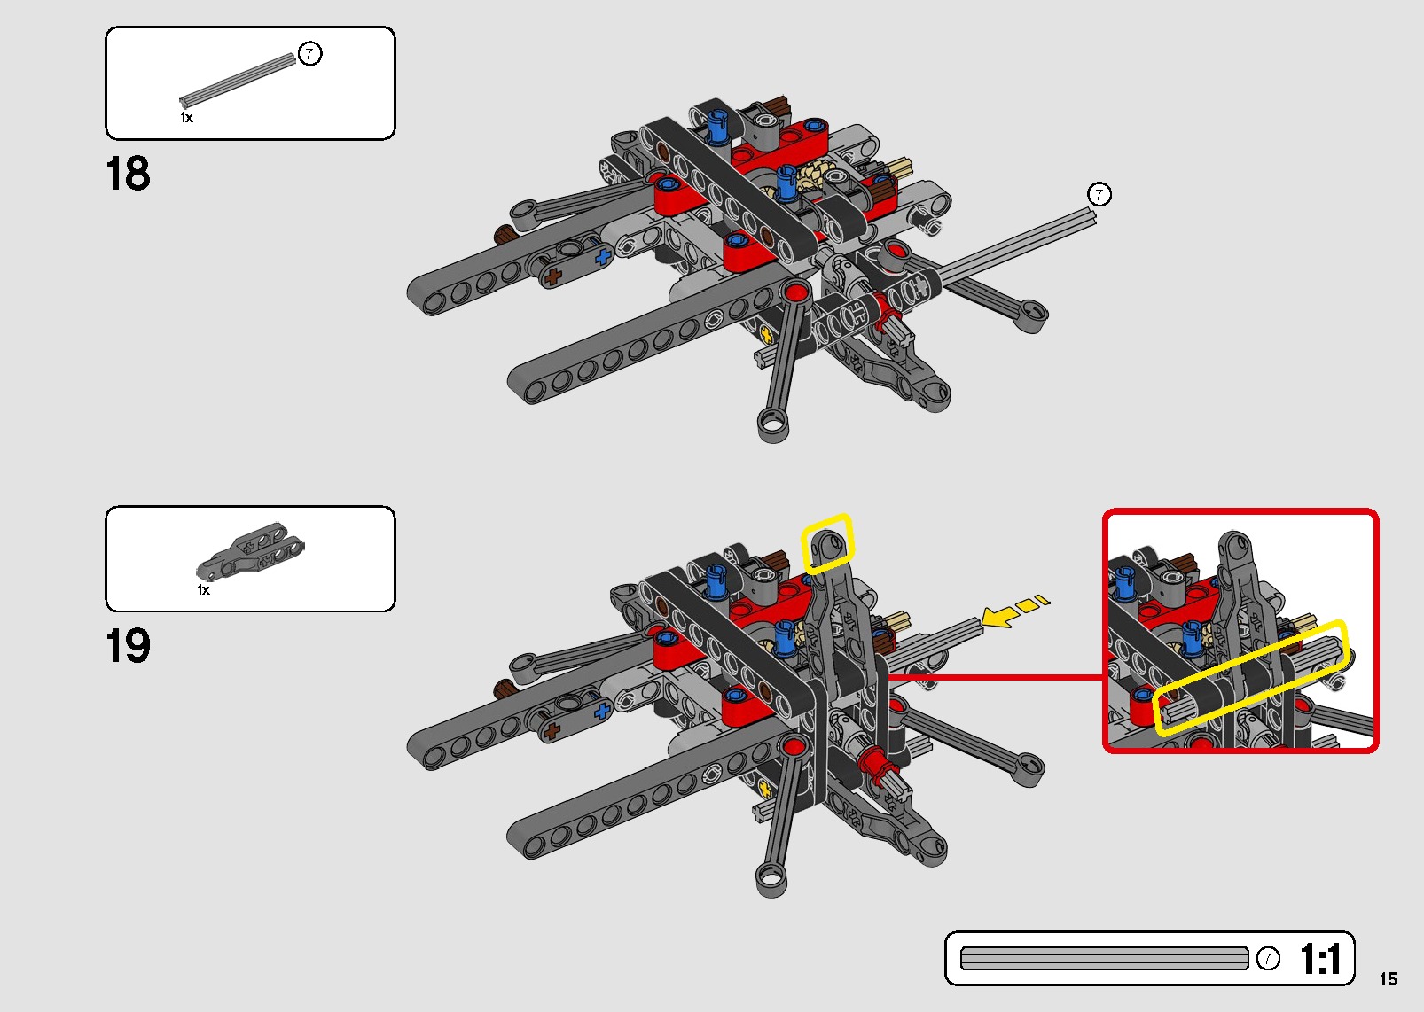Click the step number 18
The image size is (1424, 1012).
coord(128,174)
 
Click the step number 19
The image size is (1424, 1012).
coord(128,646)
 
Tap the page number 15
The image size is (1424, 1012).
coord(1389,979)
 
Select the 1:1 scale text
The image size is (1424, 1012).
coord(1321,959)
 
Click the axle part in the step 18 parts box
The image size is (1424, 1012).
coord(238,80)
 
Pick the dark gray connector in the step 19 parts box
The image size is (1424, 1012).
coord(250,550)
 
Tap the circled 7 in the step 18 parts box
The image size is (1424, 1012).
coord(309,54)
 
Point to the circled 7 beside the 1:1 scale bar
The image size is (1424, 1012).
coord(1268,959)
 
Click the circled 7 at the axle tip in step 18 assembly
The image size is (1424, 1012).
coord(1099,194)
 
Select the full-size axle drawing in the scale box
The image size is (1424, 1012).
coord(1104,959)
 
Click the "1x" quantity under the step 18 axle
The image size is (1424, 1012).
coord(186,118)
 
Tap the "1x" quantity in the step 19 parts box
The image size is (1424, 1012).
coord(203,590)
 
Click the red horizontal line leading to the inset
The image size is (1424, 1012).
coord(995,678)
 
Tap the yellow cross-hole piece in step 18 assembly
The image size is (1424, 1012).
coord(767,334)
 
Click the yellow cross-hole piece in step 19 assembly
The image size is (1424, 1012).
coord(766,790)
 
